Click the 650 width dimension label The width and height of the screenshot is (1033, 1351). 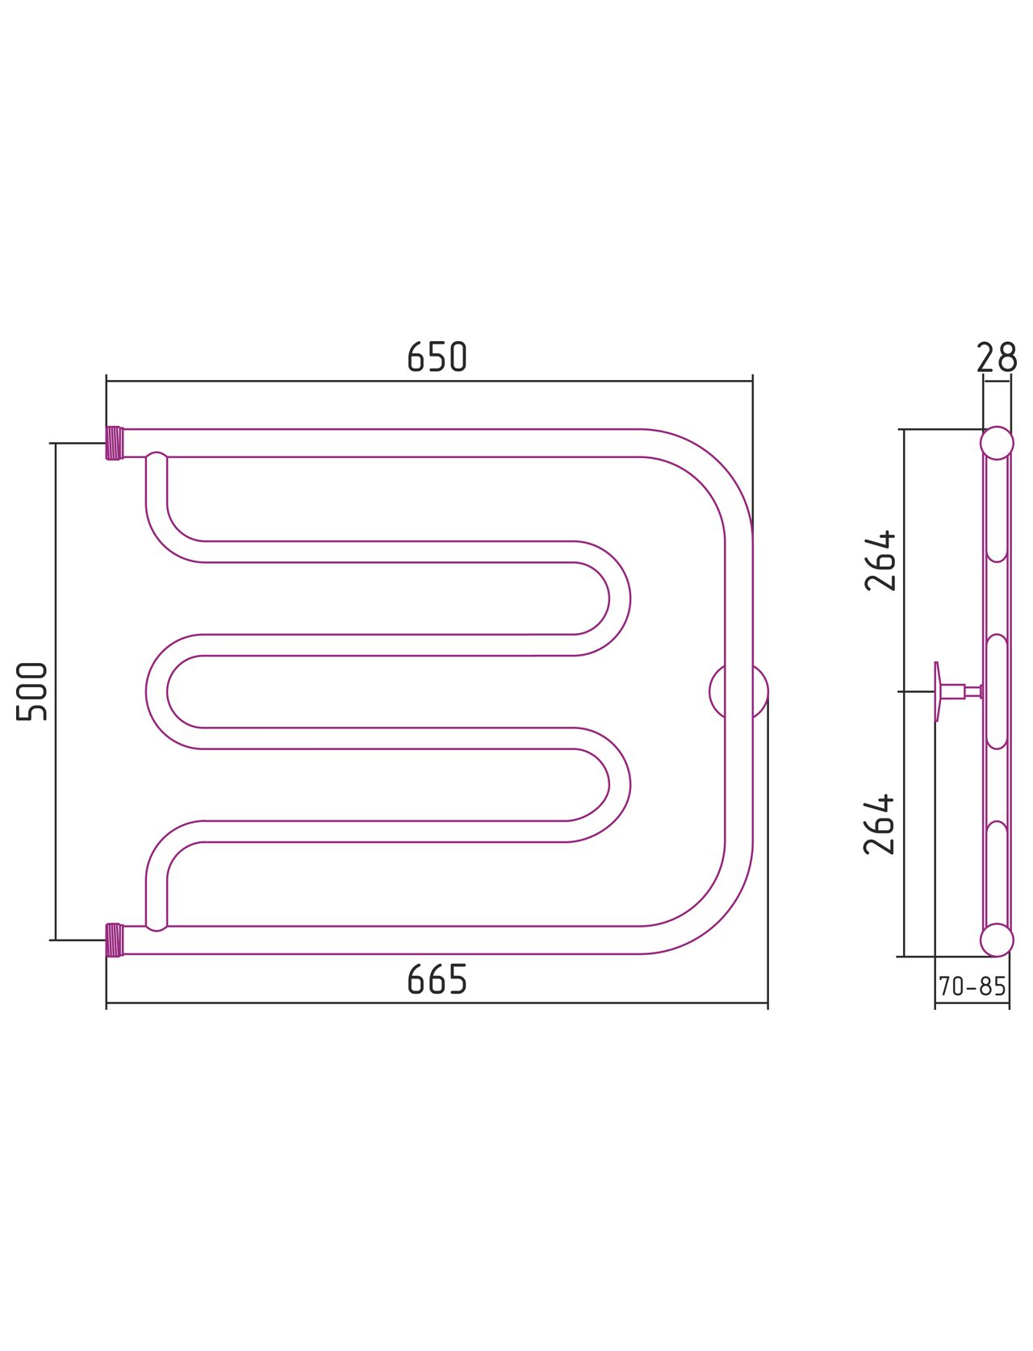click(437, 357)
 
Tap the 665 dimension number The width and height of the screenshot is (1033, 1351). click(437, 978)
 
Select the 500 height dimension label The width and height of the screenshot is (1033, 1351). click(31, 691)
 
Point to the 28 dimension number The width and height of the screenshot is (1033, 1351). click(997, 357)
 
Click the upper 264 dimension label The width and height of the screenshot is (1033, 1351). click(880, 561)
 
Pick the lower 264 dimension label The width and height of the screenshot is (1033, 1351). click(880, 824)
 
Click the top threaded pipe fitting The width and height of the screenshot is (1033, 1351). click(115, 443)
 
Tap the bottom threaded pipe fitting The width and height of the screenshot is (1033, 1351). click(115, 940)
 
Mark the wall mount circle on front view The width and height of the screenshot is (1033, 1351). click(738, 691)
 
